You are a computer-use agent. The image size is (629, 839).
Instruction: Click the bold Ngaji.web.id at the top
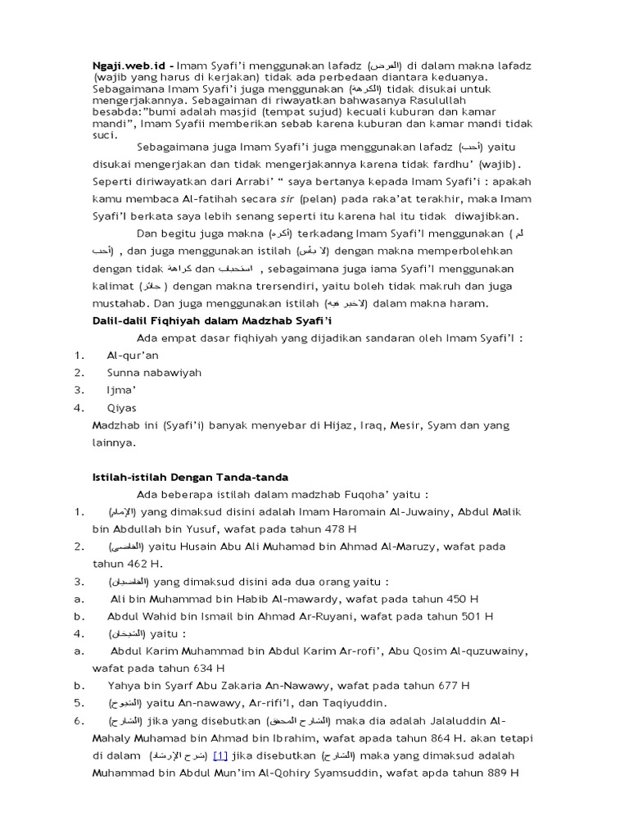point(124,64)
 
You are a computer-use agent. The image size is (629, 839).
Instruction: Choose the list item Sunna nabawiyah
point(153,373)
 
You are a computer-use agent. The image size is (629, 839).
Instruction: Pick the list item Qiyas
point(121,407)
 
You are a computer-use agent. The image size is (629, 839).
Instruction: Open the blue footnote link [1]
point(219,755)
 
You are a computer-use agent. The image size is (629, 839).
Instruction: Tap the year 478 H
point(337,528)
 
